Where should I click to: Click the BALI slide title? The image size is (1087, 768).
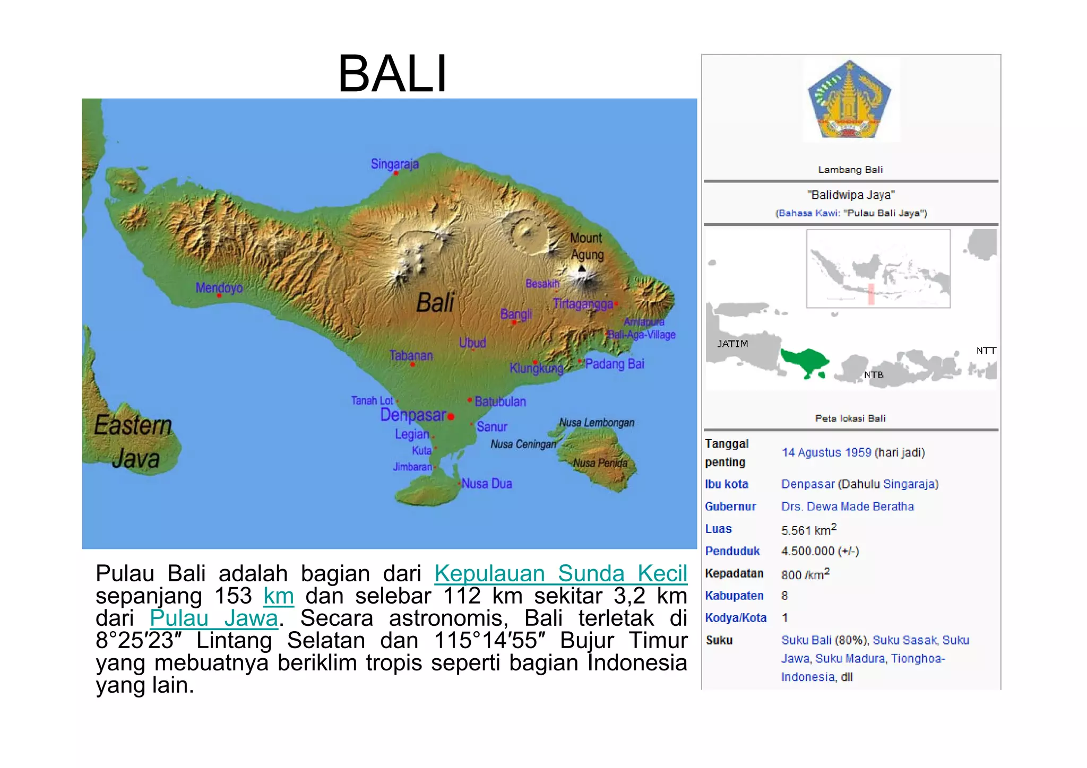[x=393, y=74]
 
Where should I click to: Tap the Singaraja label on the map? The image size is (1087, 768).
[x=394, y=164]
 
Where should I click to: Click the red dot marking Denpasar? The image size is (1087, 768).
[x=451, y=417]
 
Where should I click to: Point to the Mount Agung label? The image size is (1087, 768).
[x=586, y=246]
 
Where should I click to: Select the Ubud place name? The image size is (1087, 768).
[x=472, y=343]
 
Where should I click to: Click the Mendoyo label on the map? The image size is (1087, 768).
[x=219, y=287]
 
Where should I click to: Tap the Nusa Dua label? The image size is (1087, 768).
[x=487, y=483]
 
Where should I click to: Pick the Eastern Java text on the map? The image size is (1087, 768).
[x=134, y=441]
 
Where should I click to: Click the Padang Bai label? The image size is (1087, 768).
[x=614, y=364]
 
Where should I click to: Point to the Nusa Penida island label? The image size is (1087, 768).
[x=600, y=463]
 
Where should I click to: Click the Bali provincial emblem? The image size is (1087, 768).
[x=850, y=100]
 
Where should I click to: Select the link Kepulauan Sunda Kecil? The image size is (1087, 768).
[x=560, y=573]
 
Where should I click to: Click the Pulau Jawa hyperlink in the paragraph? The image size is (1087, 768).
[x=214, y=618]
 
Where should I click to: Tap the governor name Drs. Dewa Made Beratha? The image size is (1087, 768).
[x=847, y=507]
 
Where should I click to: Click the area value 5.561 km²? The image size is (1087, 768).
[x=808, y=530]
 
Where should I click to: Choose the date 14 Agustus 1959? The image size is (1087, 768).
[x=826, y=452]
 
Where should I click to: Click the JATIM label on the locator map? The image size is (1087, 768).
[x=732, y=344]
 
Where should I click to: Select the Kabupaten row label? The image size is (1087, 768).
[x=734, y=596]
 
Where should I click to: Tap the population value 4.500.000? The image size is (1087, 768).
[x=808, y=551]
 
